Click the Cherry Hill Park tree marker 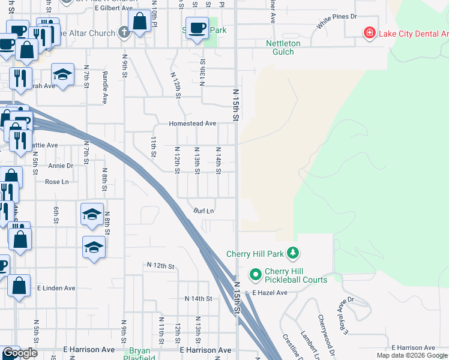(x=292, y=253)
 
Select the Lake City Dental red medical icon (x=370, y=32)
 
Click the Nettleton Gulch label (x=280, y=47)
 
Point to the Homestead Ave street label (x=193, y=124)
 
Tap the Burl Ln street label (x=203, y=211)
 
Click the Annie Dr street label (x=60, y=166)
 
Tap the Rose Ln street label (x=57, y=182)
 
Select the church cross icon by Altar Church (x=124, y=33)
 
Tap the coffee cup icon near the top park (x=196, y=28)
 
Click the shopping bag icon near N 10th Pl (x=139, y=21)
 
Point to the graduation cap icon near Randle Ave (x=62, y=75)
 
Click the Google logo (x=20, y=353)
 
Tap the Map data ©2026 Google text (x=411, y=355)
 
